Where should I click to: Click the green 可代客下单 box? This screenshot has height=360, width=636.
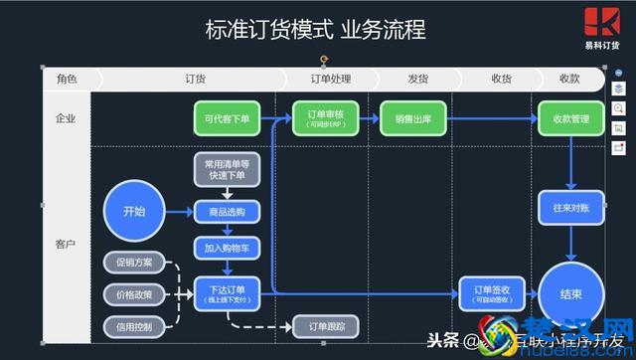(x=226, y=119)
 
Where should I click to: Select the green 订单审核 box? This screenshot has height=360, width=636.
(x=325, y=119)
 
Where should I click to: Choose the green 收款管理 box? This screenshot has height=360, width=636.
(x=570, y=119)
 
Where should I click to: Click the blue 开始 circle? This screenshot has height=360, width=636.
(x=134, y=212)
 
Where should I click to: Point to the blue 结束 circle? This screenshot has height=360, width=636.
(x=570, y=293)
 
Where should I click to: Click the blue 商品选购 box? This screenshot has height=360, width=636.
(x=226, y=212)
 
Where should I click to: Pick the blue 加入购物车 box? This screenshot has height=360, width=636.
(x=226, y=248)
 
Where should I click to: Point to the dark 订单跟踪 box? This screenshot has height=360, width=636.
(x=325, y=326)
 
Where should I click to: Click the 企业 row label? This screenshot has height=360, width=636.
(x=67, y=119)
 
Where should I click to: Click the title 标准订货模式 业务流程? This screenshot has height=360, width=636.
(x=315, y=31)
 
